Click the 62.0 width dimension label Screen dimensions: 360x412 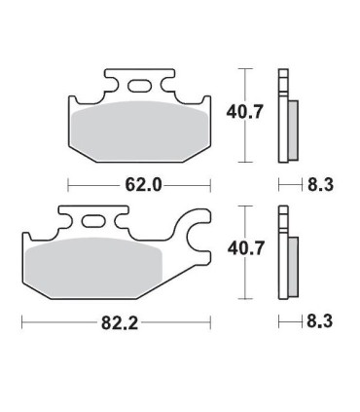[x=143, y=185]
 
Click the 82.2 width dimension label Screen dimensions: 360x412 [x=120, y=323]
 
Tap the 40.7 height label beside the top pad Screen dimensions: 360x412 [x=244, y=112]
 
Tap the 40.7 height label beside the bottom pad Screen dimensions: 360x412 [x=245, y=248]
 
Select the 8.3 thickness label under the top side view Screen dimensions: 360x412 [x=320, y=185]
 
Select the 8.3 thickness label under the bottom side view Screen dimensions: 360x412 [x=320, y=322]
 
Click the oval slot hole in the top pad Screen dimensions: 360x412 [x=139, y=86]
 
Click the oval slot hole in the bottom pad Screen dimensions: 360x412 [x=93, y=222]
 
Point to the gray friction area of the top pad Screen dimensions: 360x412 [x=140, y=131]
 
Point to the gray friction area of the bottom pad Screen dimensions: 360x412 [x=94, y=268]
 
